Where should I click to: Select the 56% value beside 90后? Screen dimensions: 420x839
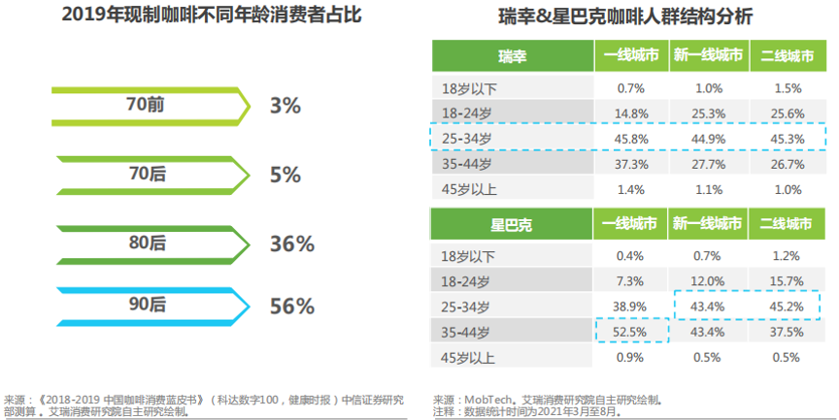click(291, 307)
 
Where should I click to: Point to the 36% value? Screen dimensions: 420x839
click(291, 243)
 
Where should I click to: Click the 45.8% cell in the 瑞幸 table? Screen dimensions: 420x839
click(631, 138)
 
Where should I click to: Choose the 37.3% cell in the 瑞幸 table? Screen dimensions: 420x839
click(631, 163)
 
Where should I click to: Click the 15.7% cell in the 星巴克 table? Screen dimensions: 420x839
click(787, 280)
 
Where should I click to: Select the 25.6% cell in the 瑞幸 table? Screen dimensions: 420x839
click(787, 113)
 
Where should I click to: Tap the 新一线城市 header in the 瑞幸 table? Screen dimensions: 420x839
click(709, 56)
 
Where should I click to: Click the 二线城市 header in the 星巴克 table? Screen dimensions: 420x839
click(787, 224)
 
